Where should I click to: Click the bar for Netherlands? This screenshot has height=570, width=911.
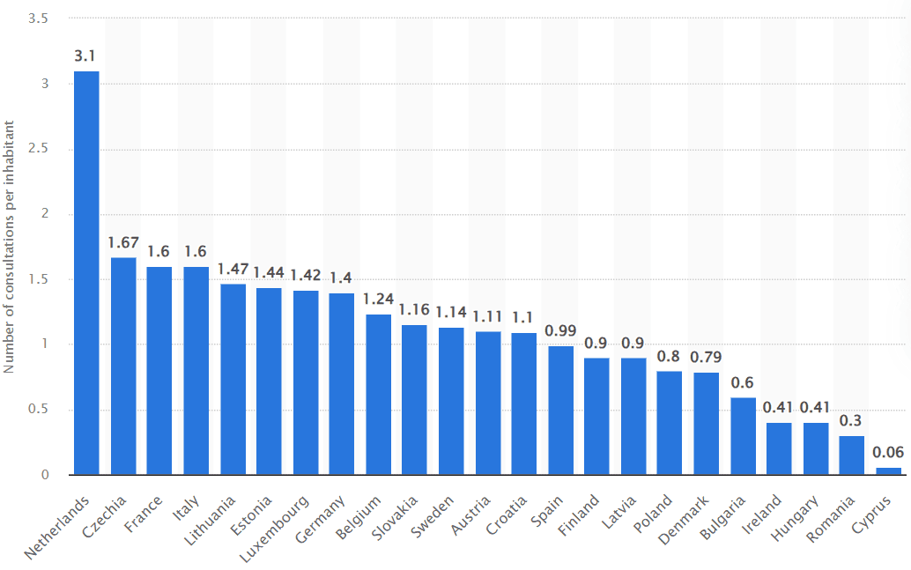tap(86, 273)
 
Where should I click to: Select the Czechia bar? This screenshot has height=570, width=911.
tap(123, 366)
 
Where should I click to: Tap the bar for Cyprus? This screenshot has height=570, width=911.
tap(889, 471)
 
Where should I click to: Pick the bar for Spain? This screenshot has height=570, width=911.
tap(561, 411)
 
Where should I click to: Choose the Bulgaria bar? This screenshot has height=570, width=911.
tap(744, 436)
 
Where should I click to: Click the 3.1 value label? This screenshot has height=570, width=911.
tap(86, 56)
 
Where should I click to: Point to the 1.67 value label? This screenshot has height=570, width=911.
tap(123, 242)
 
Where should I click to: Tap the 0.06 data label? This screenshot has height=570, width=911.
tap(889, 452)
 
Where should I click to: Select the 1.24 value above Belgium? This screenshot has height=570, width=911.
tap(379, 299)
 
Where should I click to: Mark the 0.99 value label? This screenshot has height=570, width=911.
tap(561, 330)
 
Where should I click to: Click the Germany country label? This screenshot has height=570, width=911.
tap(322, 521)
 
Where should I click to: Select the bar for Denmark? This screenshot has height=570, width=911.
tap(707, 424)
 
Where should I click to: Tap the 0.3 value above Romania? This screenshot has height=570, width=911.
tap(852, 420)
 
